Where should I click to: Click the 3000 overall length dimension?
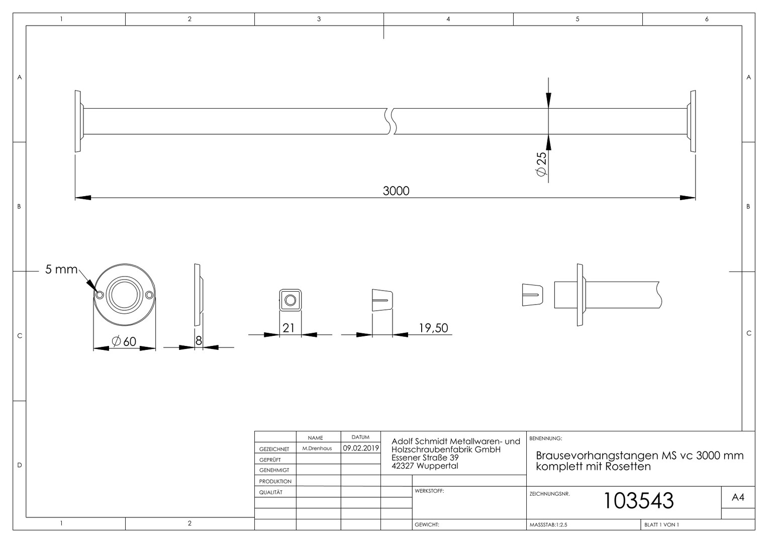point(396,191)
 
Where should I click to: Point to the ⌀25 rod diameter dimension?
point(541,164)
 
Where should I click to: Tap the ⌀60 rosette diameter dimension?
point(124,341)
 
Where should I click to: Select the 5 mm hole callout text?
point(61,269)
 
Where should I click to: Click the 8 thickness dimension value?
point(199,340)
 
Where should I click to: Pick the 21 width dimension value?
point(289,328)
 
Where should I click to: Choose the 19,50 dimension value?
point(433,328)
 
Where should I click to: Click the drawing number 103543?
point(638,500)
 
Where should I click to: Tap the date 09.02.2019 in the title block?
point(361,448)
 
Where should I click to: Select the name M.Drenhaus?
point(317,448)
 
